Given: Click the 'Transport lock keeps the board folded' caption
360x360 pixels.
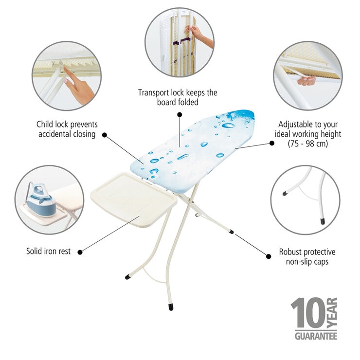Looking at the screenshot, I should (178, 97).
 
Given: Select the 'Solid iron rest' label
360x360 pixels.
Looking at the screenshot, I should (48, 252).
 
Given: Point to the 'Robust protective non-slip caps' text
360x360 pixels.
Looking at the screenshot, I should (306, 257).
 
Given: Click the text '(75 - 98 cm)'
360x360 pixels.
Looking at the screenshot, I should (308, 144).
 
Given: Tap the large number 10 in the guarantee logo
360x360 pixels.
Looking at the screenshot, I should (307, 313).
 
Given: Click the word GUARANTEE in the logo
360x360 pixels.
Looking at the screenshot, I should (316, 336).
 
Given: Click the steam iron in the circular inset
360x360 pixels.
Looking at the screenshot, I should (41, 199).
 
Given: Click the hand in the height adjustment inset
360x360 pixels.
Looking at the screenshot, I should (306, 81).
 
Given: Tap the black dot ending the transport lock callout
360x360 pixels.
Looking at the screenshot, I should (179, 115).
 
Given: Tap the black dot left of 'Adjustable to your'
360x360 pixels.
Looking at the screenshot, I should (271, 144).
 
